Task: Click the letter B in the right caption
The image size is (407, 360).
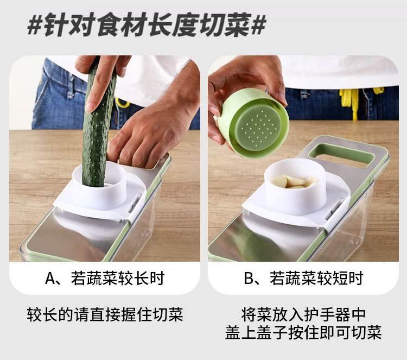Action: point(249,279)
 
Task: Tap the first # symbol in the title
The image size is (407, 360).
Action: point(35,26)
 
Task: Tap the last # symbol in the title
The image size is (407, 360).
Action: point(258,26)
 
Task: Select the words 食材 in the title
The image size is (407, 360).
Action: point(116,26)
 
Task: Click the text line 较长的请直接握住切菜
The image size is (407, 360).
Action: point(105,314)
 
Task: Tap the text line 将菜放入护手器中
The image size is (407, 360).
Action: point(303,314)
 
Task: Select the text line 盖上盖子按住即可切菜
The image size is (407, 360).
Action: point(303,332)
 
